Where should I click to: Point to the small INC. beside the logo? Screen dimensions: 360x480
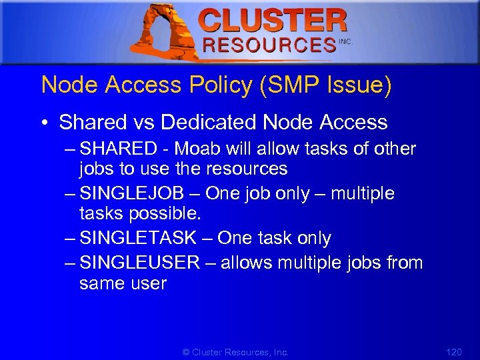[x=345, y=41]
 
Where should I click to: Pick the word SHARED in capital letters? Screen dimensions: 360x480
[x=117, y=149]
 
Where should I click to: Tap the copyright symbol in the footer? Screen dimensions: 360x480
[x=186, y=351]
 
